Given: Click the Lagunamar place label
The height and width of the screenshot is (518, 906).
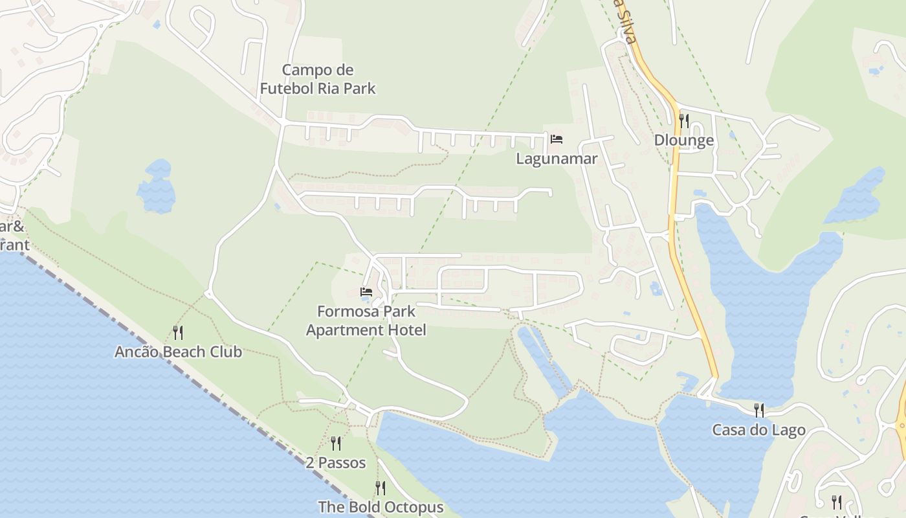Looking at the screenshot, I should click(556, 159).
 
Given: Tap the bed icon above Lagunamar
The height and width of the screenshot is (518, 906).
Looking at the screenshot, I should click(557, 139).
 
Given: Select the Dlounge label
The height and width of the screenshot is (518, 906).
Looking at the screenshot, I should click(683, 141).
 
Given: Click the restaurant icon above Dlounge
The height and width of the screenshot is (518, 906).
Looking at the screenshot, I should click(683, 120).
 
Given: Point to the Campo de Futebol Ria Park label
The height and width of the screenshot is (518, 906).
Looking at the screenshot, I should click(318, 79).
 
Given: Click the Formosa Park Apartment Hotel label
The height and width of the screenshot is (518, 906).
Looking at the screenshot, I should click(366, 321).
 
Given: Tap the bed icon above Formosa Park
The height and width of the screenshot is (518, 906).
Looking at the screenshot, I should click(366, 292).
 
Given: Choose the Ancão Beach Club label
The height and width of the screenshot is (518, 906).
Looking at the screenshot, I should click(178, 352).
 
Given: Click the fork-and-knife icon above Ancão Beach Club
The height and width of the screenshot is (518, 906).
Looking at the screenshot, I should click(178, 333).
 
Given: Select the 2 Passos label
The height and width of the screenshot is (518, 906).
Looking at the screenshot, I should click(336, 463).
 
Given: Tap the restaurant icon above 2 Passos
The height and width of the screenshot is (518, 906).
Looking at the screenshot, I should click(336, 444).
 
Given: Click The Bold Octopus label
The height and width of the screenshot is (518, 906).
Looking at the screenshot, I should click(381, 507).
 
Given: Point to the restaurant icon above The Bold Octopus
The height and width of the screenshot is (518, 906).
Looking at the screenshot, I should click(381, 488).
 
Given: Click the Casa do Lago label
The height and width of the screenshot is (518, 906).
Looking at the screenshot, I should click(758, 430).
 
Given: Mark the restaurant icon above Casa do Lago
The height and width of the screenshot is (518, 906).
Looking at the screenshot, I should click(758, 410).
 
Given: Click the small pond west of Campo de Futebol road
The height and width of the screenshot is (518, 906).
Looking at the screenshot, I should click(157, 188).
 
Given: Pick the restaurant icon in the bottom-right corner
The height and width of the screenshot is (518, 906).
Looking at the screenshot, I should click(836, 502).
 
